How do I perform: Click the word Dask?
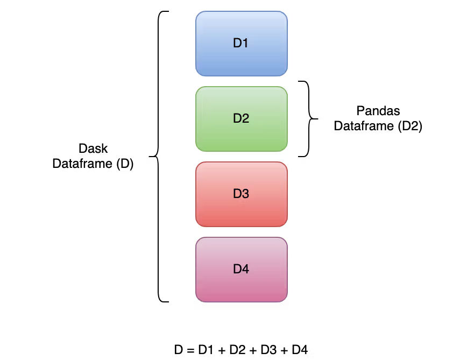click(93, 149)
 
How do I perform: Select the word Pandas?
click(378, 111)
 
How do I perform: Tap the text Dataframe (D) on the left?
click(93, 164)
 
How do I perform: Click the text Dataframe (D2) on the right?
click(378, 126)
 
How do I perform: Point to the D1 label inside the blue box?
click(241, 43)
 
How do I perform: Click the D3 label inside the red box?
click(241, 194)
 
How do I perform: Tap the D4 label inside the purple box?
click(241, 269)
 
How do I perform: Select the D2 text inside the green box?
click(241, 118)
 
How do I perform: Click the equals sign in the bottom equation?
click(189, 350)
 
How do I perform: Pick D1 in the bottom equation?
click(206, 350)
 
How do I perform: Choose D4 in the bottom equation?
click(300, 350)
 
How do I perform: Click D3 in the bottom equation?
click(268, 350)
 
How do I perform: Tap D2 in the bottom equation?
click(237, 350)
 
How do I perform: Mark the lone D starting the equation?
click(178, 350)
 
